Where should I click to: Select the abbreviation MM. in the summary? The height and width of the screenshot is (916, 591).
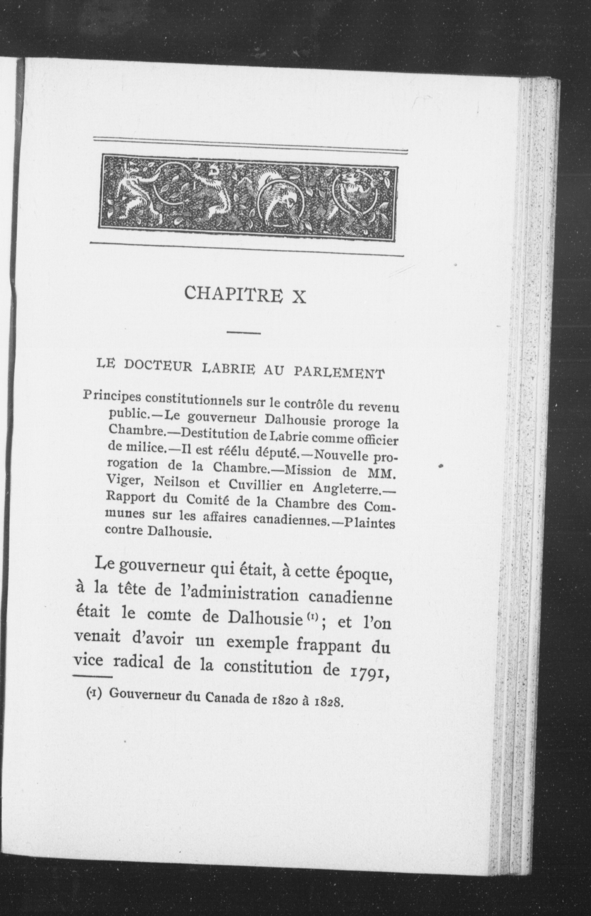(x=381, y=473)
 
